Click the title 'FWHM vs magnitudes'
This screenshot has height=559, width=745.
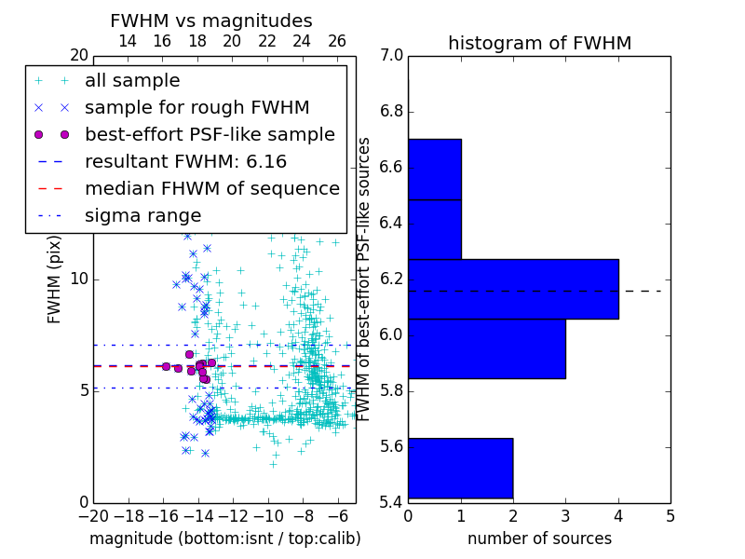[211, 20]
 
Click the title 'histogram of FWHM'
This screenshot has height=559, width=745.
[539, 43]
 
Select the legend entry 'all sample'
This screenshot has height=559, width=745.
[132, 81]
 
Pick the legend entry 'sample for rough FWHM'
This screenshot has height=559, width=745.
[196, 107]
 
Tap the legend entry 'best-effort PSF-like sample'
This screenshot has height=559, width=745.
[210, 134]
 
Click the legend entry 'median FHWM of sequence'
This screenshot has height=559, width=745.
[211, 188]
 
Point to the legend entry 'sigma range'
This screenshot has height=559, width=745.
[142, 215]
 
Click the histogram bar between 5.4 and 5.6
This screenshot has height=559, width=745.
[460, 468]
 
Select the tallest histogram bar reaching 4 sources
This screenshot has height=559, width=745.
[513, 289]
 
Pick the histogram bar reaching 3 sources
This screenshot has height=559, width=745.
[486, 348]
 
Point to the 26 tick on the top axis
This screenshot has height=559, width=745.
[337, 42]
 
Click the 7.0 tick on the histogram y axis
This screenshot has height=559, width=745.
[391, 56]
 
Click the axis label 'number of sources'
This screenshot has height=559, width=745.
[539, 539]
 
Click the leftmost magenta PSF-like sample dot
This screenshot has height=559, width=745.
[166, 366]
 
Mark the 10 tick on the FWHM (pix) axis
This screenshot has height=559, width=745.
[79, 279]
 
